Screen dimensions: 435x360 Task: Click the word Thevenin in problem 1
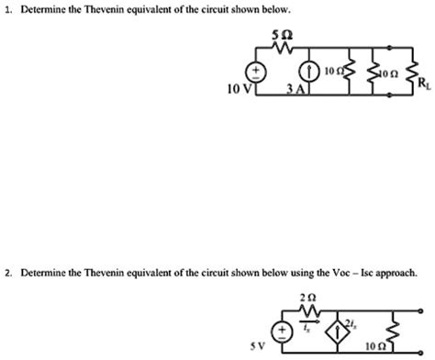[110, 10]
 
